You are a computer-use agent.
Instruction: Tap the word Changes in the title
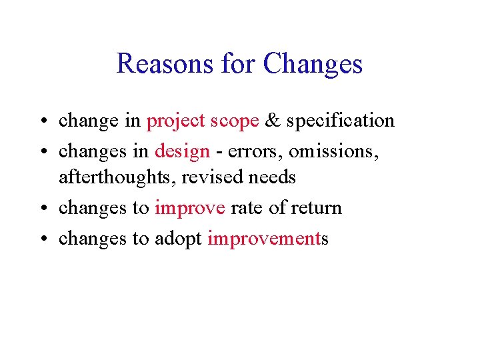(x=313, y=64)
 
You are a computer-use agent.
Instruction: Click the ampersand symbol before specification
(x=272, y=121)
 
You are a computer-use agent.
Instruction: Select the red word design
(x=182, y=151)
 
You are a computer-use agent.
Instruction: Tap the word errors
(x=250, y=151)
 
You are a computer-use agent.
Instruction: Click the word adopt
(x=179, y=239)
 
